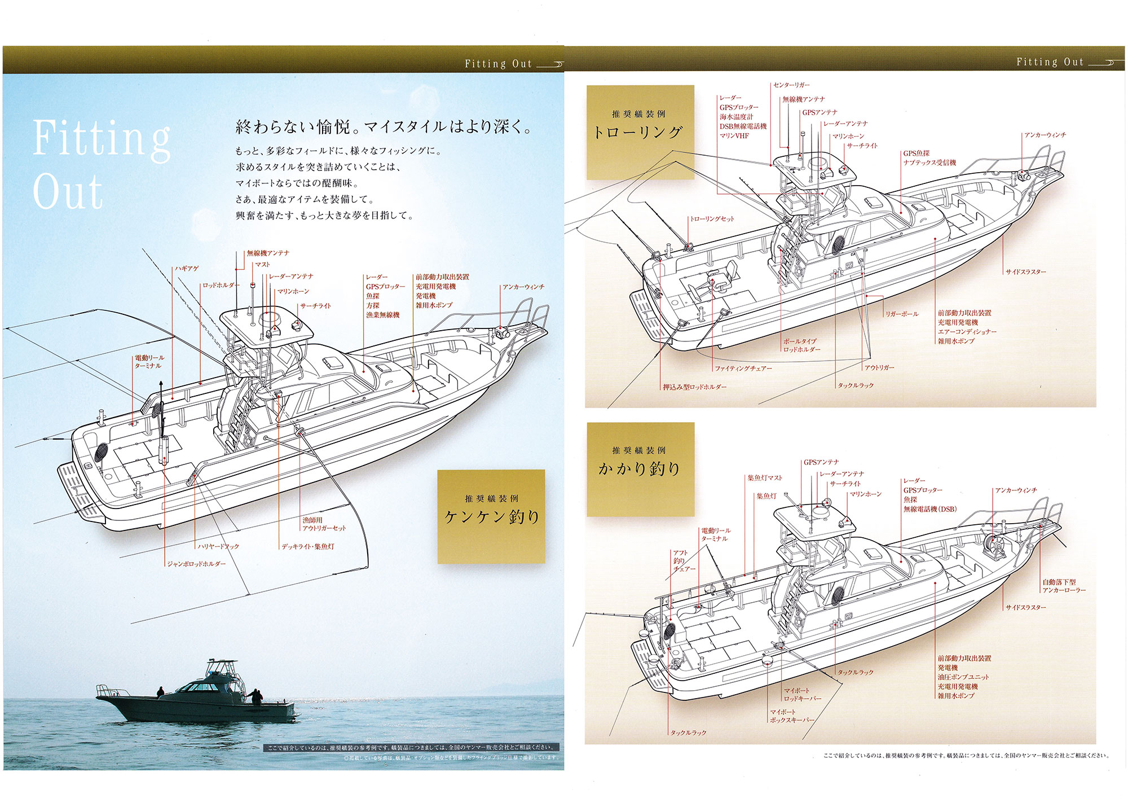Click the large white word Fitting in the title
[102, 138]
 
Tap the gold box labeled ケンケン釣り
[491, 516]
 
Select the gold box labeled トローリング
[640, 132]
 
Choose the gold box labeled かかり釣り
[640, 468]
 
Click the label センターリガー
[791, 85]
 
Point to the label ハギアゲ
[187, 269]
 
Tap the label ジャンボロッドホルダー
[196, 564]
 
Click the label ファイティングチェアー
[743, 369]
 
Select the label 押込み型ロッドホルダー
[694, 387]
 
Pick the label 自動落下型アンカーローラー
[1063, 586]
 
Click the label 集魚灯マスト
[765, 478]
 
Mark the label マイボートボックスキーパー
[792, 716]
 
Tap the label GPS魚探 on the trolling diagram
[916, 154]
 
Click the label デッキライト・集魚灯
[308, 546]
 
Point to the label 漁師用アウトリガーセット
[324, 524]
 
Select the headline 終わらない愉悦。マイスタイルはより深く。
[384, 127]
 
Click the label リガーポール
[902, 314]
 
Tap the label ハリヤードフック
[218, 546]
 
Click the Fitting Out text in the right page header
[1050, 63]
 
